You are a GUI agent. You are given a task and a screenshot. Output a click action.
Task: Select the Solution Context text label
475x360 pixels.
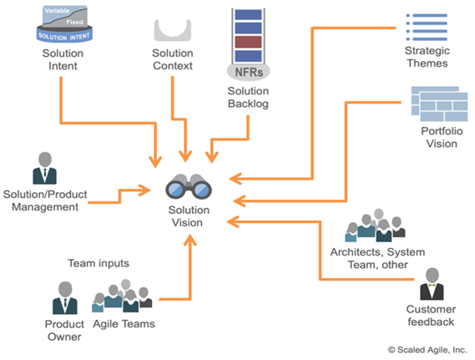174,61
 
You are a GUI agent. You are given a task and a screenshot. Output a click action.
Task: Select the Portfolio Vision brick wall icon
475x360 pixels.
437,104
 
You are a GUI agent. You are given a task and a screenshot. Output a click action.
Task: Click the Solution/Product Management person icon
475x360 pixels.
44,170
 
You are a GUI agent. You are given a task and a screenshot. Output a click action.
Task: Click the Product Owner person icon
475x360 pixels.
64,297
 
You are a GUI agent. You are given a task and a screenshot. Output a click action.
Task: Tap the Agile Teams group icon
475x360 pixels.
123,297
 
